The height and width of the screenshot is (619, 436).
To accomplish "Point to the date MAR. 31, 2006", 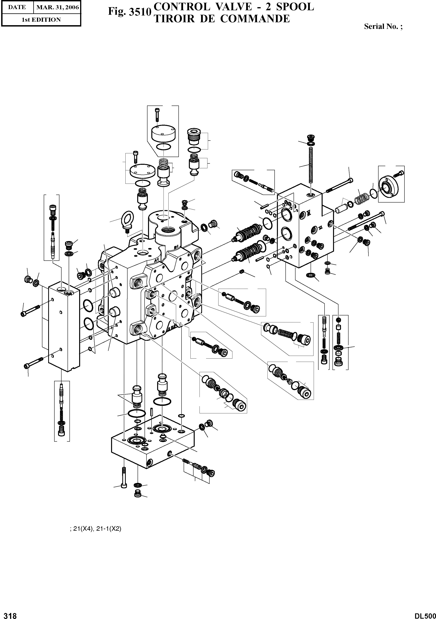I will tap(57, 7).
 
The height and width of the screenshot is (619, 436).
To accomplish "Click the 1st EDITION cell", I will tap(41, 20).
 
